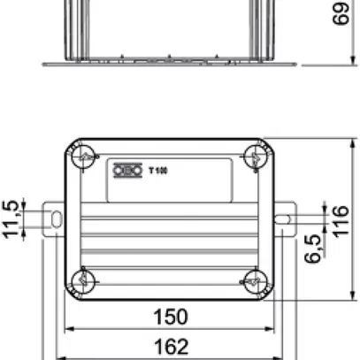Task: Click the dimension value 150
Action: (x=170, y=316)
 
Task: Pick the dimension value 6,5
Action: (x=311, y=249)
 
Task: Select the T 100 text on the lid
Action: (x=157, y=169)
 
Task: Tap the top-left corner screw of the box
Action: (x=84, y=157)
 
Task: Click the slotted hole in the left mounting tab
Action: (x=56, y=218)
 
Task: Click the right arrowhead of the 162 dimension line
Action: (x=289, y=356)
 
